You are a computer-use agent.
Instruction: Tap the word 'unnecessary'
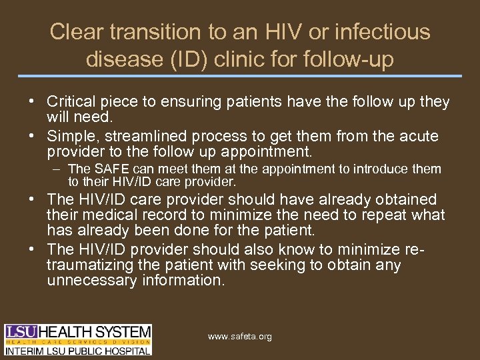(x=93, y=280)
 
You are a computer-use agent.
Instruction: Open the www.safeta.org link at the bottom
(x=240, y=337)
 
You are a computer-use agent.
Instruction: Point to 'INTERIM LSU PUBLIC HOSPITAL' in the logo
(x=79, y=349)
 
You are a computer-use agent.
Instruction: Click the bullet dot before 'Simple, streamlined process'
(x=32, y=137)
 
